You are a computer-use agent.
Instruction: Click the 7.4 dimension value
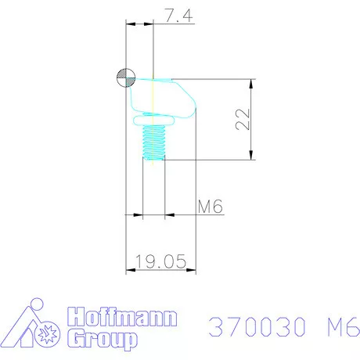(179, 16)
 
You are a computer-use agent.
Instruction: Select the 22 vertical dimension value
(243, 119)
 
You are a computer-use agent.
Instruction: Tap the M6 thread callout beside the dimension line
(211, 207)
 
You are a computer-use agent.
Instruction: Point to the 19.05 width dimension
(161, 261)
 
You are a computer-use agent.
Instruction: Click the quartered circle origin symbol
(126, 77)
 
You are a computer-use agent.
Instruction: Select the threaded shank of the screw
(153, 142)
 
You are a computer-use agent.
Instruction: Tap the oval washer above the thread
(153, 121)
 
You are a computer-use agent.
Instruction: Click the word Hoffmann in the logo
(122, 317)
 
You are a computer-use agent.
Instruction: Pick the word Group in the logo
(103, 339)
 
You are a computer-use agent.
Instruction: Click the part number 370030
(257, 326)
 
